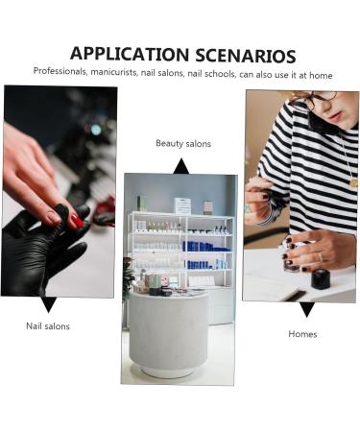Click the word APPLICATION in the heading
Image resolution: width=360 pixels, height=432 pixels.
130,54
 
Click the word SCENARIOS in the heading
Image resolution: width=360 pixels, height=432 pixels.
246,56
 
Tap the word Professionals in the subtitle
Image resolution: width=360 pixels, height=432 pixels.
60,71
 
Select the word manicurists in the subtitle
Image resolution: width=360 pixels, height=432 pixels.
114,72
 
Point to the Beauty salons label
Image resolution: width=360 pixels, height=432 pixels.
183,143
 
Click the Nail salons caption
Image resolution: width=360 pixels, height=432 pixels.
48,326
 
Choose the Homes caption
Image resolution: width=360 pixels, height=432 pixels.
302,334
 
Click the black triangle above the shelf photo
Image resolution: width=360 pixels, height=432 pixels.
181,166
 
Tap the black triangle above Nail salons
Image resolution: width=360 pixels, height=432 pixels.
49,304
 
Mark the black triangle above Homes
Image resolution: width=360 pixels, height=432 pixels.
307,309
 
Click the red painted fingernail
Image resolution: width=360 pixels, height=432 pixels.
77,221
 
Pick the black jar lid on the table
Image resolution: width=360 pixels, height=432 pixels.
321,279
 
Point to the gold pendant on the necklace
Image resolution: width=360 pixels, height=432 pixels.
353,183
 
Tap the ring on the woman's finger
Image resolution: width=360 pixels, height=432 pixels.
321,257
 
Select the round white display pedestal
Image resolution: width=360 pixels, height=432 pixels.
168,334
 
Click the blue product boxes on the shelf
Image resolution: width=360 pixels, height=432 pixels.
205,247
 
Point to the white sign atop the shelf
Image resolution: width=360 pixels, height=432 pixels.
182,205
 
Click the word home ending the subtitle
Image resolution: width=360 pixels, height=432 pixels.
321,76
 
